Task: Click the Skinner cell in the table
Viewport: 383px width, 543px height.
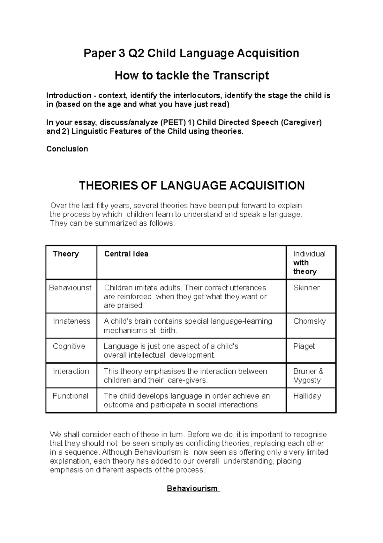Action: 306,288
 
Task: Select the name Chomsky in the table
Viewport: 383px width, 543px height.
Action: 309,321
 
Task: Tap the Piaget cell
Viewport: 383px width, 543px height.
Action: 304,346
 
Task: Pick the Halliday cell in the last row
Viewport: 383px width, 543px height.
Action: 307,396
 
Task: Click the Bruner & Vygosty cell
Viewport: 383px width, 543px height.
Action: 308,376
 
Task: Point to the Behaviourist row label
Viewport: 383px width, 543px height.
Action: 70,288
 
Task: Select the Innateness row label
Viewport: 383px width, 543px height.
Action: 71,321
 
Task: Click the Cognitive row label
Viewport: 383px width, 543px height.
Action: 69,346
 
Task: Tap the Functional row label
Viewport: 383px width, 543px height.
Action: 70,396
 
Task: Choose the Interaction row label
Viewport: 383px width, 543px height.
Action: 71,371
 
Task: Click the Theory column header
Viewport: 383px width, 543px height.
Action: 66,254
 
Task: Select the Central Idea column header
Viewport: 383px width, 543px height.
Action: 126,254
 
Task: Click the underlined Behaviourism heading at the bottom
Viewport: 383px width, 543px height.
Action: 193,489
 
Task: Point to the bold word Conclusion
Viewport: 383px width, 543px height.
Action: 67,149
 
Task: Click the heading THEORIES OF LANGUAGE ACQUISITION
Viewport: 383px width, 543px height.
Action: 191,185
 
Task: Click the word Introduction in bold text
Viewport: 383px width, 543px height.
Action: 69,96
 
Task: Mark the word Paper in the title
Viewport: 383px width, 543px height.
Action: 97,53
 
